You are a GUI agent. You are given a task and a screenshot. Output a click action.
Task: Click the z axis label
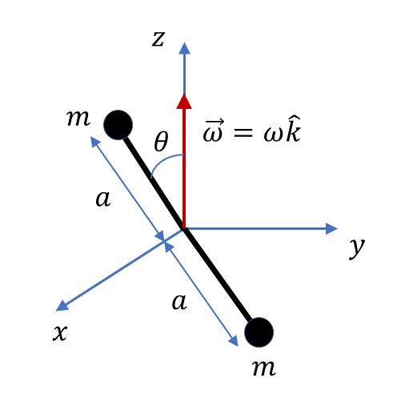point(158,39)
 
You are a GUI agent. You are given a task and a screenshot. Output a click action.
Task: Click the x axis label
point(60,333)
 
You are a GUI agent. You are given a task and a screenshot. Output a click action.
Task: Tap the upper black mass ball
point(118,125)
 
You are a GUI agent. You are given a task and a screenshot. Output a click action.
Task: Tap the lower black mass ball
point(259,332)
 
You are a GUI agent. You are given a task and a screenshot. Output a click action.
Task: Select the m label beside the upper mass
point(78,118)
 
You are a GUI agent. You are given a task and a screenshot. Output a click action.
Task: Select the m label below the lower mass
point(264,368)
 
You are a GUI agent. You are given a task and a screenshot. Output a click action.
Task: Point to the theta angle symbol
point(161,141)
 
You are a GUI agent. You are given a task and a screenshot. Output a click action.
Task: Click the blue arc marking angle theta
point(163,161)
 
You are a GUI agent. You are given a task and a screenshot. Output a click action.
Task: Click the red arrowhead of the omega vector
point(184,102)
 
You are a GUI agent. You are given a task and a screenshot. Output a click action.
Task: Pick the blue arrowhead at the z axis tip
point(184,48)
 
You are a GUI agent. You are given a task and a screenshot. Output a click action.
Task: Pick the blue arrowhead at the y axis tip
point(331,228)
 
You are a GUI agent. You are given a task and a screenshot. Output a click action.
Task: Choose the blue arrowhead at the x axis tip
point(62,306)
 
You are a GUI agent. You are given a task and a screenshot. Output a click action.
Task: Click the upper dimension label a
point(103,199)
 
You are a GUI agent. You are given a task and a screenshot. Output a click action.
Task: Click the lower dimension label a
point(179,302)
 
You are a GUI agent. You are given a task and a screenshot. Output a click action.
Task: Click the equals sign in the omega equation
point(243,132)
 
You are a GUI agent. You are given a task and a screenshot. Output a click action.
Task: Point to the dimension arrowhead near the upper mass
point(94,141)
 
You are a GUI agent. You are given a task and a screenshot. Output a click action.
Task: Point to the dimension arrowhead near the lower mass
point(234,341)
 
